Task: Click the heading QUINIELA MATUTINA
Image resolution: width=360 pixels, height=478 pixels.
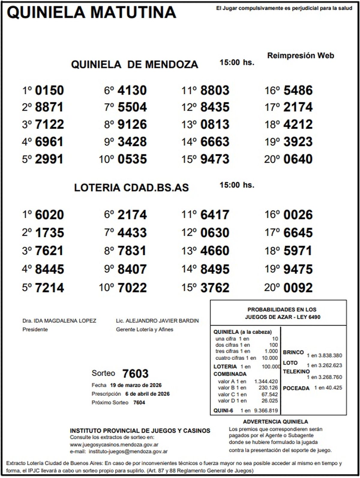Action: (91, 13)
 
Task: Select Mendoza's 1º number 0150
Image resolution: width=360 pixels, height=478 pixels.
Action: (49, 90)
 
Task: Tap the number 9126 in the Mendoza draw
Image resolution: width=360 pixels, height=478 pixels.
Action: (132, 124)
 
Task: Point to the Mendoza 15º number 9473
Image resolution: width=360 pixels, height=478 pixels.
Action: (215, 159)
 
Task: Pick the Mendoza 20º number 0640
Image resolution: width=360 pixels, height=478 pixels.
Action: (298, 159)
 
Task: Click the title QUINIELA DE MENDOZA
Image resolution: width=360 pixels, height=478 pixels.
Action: (134, 64)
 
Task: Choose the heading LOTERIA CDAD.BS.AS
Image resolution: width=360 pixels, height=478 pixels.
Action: (131, 188)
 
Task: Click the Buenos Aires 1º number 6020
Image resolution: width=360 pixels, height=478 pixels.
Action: (49, 215)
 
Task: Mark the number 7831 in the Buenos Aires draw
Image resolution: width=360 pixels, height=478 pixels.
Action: (132, 251)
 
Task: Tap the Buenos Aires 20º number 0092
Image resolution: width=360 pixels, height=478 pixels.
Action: (298, 288)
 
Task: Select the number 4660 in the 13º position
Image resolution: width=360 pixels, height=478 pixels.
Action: (215, 251)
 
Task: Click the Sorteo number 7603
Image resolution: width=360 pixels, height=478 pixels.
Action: (135, 374)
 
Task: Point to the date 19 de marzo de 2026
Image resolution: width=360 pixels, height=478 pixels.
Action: (136, 385)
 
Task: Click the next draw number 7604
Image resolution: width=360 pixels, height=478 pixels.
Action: (139, 402)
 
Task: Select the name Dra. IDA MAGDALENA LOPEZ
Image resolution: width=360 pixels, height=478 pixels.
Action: (59, 321)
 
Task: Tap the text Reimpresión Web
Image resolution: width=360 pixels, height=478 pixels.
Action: (300, 55)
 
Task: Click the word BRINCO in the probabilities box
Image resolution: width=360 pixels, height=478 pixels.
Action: (293, 352)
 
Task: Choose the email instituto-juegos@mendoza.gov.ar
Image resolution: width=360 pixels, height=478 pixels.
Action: (128, 451)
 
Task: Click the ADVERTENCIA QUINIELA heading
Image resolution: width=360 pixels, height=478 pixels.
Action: (275, 422)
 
